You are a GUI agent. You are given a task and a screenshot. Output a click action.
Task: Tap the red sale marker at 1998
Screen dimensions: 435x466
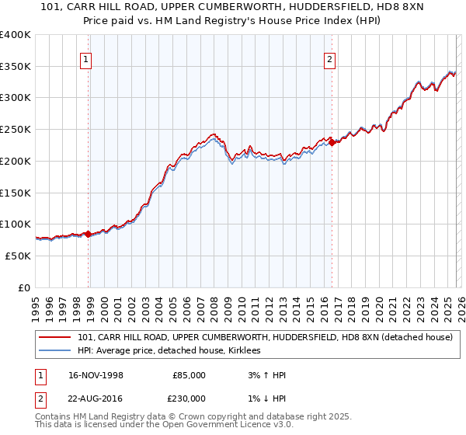coord(88,233)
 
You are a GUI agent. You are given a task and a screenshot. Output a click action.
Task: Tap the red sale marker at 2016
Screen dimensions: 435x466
coord(332,142)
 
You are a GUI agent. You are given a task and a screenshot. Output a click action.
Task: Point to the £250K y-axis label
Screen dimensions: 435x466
coord(16,130)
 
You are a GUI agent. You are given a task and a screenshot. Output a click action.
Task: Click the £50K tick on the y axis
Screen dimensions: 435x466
coord(18,256)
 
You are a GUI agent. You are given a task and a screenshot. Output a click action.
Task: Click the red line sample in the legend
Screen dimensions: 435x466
coord(56,337)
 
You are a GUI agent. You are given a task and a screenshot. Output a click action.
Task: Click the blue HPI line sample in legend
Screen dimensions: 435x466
coord(56,351)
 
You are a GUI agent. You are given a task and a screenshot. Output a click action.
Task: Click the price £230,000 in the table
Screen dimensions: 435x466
coord(189,398)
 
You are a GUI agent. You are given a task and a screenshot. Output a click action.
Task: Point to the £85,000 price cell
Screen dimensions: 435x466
coord(189,375)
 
